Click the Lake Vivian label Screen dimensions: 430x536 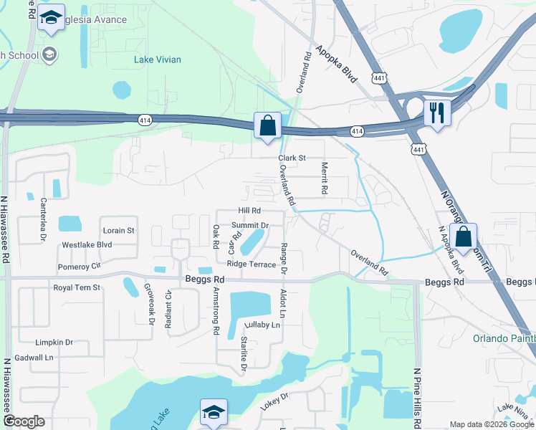pos(157,59)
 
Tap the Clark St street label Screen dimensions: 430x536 pos(292,158)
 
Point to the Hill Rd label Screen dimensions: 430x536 pos(249,211)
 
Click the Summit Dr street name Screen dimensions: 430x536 pos(250,225)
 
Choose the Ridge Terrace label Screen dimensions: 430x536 pos(252,264)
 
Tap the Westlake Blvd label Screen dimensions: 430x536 pos(87,244)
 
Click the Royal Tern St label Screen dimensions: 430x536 pos(77,287)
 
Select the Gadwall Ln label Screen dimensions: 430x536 pos(34,357)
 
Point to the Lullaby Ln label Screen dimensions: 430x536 pos(261,325)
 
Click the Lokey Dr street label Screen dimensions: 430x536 pos(274,401)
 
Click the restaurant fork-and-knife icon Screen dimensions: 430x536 pos(437,113)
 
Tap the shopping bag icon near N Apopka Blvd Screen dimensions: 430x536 pos(464,236)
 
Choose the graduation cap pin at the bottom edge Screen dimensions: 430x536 pos(214,412)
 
